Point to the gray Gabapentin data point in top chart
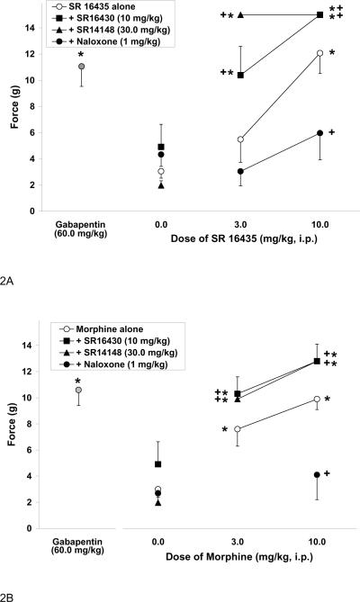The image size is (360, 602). pos(81,67)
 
